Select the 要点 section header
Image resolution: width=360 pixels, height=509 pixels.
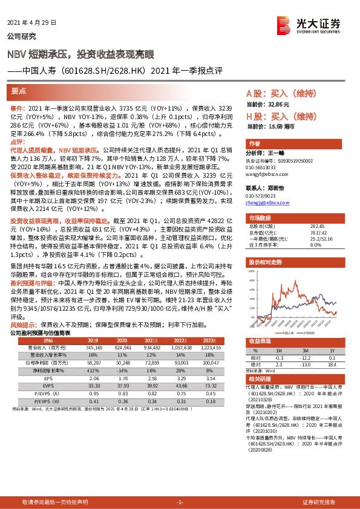point(19,91)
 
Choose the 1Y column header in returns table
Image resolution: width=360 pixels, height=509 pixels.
point(332,350)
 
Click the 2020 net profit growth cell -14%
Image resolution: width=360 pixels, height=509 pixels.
point(123,360)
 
